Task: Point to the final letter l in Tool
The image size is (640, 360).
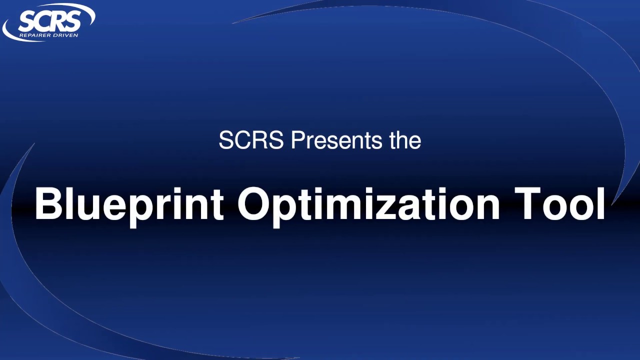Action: (x=600, y=204)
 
